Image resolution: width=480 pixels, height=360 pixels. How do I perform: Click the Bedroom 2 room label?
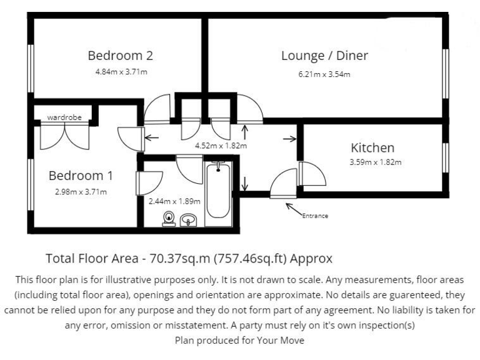[121, 56]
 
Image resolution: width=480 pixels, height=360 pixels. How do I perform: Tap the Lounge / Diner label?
[324, 56]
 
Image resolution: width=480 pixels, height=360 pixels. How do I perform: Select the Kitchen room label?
[372, 148]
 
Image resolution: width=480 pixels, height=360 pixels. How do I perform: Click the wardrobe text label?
[64, 117]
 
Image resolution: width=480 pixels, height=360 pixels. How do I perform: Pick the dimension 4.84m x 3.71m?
[121, 72]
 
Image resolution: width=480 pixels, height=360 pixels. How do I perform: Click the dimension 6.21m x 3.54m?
[324, 74]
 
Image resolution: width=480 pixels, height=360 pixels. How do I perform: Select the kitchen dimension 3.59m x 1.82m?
[375, 162]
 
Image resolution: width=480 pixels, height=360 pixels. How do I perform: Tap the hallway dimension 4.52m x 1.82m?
[221, 146]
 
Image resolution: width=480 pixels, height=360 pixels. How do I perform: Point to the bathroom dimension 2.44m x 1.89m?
[174, 201]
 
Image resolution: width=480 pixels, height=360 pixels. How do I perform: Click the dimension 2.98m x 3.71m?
[81, 191]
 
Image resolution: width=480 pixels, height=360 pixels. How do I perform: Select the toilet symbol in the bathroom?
[168, 218]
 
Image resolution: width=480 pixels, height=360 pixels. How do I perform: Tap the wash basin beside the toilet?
[188, 219]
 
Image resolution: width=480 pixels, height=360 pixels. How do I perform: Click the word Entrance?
[315, 216]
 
